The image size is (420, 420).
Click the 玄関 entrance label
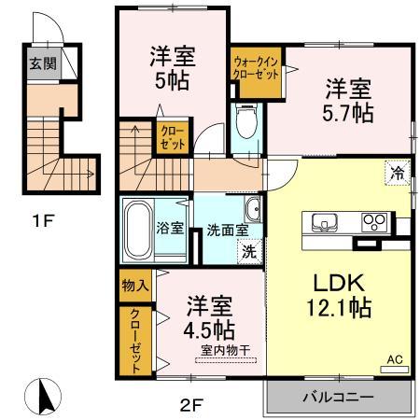point(41,64)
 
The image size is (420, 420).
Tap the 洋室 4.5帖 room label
point(209,317)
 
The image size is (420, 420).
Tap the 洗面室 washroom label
point(227,228)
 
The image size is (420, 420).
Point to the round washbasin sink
point(253,206)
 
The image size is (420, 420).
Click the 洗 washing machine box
point(249,249)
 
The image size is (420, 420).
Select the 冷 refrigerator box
point(398,172)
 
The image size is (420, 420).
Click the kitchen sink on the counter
point(326,222)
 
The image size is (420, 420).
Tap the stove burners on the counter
point(375,222)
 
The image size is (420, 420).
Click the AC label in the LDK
point(395,358)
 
